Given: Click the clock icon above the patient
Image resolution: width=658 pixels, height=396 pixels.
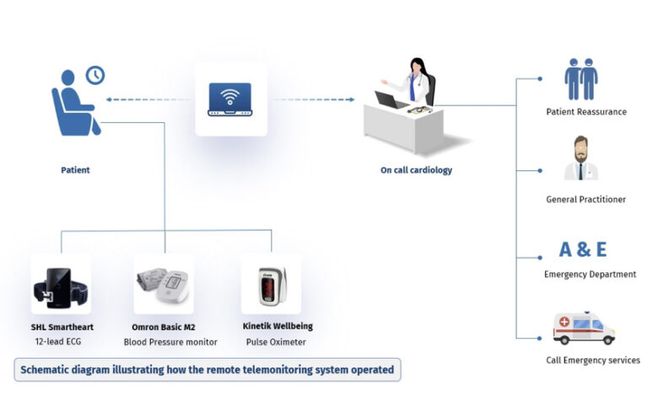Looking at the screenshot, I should click(95, 74).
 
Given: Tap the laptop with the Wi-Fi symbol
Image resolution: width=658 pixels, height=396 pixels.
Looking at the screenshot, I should click(230, 99).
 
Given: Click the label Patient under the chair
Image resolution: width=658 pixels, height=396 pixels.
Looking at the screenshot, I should click(75, 170).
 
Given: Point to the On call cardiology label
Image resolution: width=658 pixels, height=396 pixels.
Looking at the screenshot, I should click(416, 170).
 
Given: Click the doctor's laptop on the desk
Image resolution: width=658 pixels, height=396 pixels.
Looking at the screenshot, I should click(386, 100).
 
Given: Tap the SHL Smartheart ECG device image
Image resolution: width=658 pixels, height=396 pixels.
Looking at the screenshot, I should click(60, 285).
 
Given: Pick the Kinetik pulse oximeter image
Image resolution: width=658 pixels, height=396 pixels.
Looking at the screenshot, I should click(270, 285).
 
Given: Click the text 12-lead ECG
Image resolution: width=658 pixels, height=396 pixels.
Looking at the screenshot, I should click(60, 342).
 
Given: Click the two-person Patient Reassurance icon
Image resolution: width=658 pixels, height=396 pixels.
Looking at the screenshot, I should click(582, 79).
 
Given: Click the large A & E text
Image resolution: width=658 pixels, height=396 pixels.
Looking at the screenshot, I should click(583, 249).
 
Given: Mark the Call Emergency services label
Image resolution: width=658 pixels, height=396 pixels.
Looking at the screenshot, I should click(592, 361).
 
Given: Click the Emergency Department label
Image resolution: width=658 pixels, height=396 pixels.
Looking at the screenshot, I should click(590, 275).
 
